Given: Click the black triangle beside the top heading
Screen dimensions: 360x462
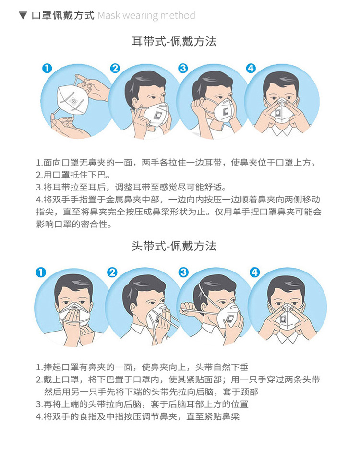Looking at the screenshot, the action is [23, 15].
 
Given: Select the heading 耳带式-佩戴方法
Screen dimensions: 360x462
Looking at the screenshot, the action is [174, 41].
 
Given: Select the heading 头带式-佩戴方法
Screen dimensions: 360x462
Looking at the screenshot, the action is [174, 246].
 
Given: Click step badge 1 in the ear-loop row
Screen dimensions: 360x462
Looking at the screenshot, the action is [47, 68].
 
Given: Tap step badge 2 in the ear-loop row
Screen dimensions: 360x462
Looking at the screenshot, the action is [115, 68].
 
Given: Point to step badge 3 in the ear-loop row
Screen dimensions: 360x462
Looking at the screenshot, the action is [183, 68].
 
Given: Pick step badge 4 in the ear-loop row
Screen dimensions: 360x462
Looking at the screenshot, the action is [251, 68].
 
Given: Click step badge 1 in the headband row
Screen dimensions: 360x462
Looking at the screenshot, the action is [41, 272].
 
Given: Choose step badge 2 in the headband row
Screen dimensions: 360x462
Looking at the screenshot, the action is [112, 272].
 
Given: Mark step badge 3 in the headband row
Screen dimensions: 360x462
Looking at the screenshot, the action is [183, 272].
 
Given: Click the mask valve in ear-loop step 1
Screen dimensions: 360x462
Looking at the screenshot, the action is [73, 101].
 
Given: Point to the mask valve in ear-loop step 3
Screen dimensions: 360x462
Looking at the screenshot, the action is [227, 112].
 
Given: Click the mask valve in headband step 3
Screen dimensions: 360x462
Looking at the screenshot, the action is [230, 318].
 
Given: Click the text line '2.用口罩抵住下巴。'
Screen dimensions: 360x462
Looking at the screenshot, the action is [73, 175].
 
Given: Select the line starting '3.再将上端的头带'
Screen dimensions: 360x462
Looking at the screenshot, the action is [142, 404].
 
